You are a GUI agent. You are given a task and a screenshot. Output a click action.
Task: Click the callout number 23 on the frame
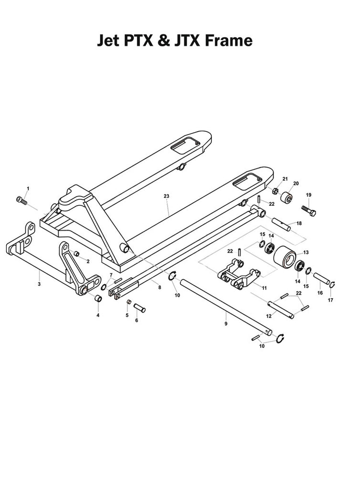coord(167,196)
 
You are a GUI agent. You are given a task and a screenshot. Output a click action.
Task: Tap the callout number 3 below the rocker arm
coord(39,284)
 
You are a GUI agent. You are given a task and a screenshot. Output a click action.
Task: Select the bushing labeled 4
coord(98,299)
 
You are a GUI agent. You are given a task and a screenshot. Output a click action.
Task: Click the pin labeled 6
coord(140,307)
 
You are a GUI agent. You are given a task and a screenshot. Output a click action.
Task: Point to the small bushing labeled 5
coord(129,302)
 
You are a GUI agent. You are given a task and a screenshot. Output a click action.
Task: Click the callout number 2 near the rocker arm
coord(88,261)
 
